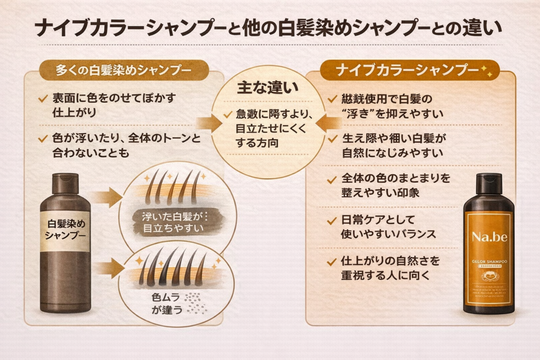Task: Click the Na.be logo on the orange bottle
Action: tap(489, 237)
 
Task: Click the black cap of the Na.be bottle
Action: tap(489, 183)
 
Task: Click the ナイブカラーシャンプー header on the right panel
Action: tap(403, 70)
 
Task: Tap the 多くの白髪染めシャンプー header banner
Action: tap(123, 70)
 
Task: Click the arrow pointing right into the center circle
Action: tap(209, 123)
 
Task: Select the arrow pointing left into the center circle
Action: tap(330, 123)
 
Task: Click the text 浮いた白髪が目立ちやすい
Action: tap(173, 222)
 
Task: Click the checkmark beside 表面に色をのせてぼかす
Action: tap(43, 98)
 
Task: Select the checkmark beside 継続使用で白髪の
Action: tap(332, 99)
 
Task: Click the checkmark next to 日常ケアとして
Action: tap(332, 220)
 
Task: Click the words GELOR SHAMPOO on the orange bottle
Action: tap(489, 261)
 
